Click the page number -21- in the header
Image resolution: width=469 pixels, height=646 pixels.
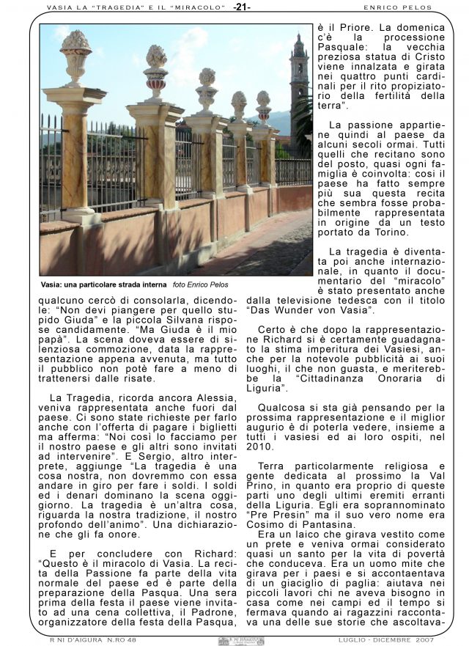pos(242,7)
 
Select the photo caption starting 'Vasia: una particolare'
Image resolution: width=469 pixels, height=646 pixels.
pos(103,284)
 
